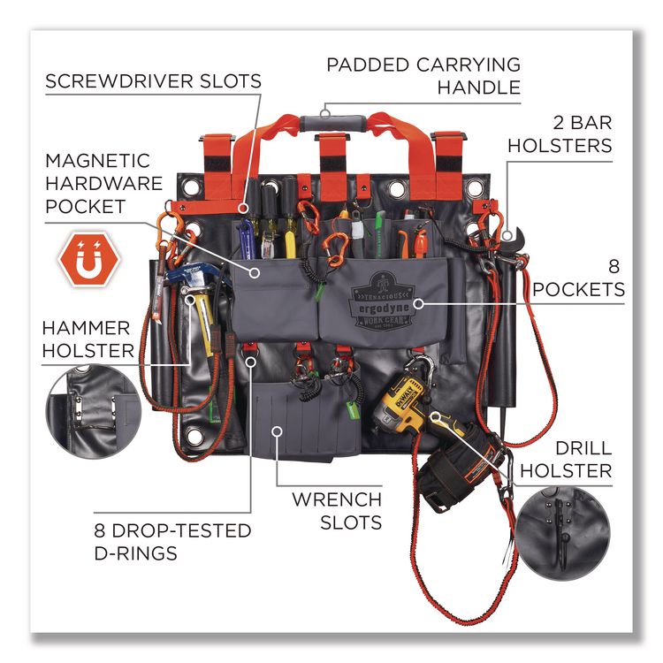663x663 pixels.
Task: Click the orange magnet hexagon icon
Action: (89, 259)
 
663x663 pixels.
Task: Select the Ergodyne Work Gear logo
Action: (381, 301)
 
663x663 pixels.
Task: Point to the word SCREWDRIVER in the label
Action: (119, 81)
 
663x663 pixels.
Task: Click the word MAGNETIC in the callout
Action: (97, 161)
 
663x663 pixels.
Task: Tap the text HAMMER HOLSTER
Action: (88, 339)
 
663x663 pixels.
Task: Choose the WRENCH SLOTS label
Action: (337, 511)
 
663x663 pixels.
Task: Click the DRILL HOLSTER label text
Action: (566, 460)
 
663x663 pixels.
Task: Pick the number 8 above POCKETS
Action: (614, 267)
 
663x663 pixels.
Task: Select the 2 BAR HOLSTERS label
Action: (560, 134)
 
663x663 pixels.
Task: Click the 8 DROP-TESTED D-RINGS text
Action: (172, 542)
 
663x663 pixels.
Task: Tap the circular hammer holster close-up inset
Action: (93, 413)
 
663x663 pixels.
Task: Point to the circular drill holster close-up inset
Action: (563, 532)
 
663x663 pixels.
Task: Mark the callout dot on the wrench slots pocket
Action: (277, 431)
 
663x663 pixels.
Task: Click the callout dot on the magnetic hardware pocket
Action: (254, 273)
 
